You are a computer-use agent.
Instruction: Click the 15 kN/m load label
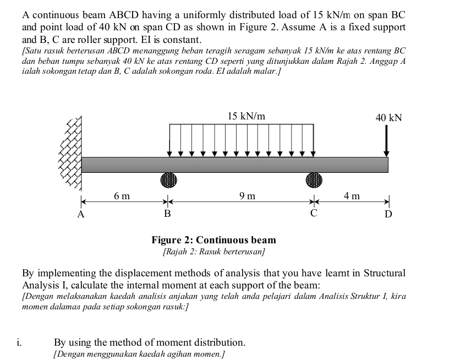(246, 116)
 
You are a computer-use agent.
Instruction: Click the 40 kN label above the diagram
(388, 118)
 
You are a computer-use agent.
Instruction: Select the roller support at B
(169, 180)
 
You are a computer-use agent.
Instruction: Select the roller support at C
(314, 180)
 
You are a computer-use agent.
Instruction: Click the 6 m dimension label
(122, 195)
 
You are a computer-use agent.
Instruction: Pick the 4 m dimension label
(352, 195)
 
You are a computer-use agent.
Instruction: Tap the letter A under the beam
(80, 215)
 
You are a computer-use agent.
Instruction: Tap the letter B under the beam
(167, 213)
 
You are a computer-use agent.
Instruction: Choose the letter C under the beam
(314, 213)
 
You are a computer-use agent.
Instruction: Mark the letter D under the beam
(388, 214)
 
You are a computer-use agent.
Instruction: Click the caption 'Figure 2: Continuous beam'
(214, 240)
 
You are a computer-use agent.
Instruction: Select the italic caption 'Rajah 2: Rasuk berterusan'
(214, 252)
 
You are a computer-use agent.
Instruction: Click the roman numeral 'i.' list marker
(19, 342)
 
